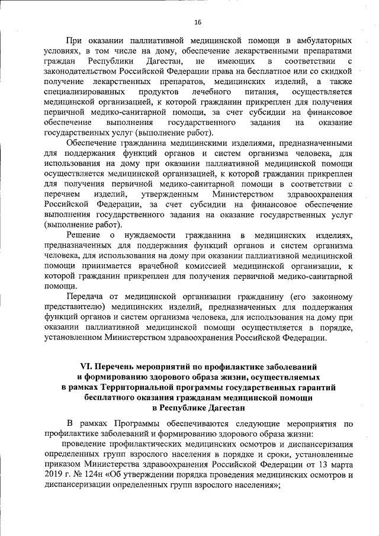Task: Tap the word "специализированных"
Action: tap(83, 92)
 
